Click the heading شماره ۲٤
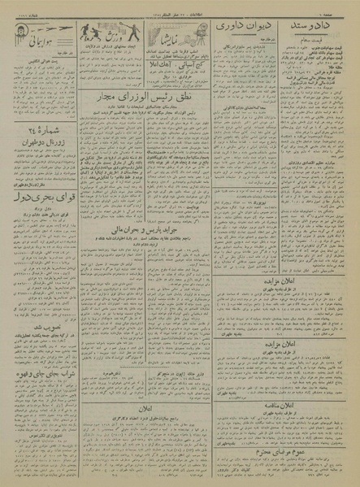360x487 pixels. tap(43, 127)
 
